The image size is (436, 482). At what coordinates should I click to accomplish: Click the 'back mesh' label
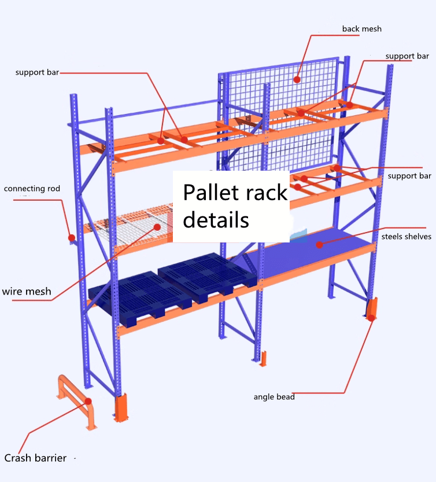pyautogui.click(x=361, y=28)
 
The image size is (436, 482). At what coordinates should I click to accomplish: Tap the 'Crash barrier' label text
pyautogui.click(x=35, y=458)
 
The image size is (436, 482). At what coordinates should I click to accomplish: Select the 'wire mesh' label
pyautogui.click(x=27, y=291)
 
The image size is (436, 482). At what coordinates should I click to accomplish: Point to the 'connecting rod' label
pyautogui.click(x=32, y=189)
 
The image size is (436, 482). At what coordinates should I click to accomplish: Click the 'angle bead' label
pyautogui.click(x=274, y=397)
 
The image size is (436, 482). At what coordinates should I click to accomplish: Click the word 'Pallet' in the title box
pyautogui.click(x=210, y=192)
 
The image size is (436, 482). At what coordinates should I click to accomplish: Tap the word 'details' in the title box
pyautogui.click(x=216, y=220)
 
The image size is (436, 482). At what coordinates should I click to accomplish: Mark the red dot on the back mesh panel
pyautogui.click(x=297, y=79)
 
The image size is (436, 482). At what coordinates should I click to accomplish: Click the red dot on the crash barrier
pyautogui.click(x=88, y=400)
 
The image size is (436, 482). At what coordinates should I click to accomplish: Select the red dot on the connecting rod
pyautogui.click(x=71, y=237)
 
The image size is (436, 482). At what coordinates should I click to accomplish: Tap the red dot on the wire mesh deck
pyautogui.click(x=156, y=227)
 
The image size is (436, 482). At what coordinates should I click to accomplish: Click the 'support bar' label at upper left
pyautogui.click(x=37, y=72)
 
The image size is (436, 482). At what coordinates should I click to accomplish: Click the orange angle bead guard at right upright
pyautogui.click(x=371, y=308)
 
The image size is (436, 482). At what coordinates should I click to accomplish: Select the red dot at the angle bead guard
pyautogui.click(x=371, y=318)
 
